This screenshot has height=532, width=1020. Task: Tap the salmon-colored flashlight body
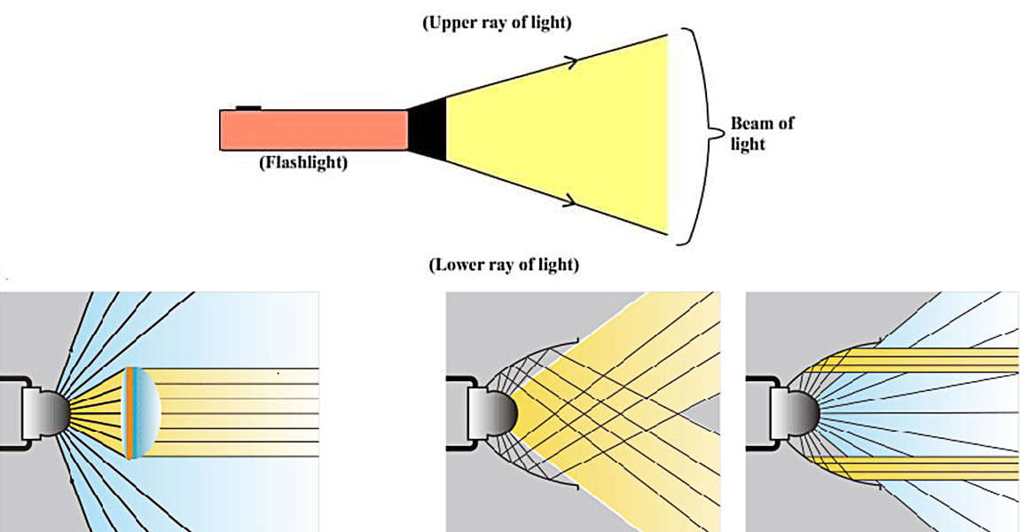point(312,129)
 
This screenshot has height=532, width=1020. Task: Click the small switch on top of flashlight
point(248,107)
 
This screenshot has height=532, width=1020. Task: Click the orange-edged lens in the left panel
point(129,412)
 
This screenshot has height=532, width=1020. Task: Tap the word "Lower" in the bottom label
point(457,264)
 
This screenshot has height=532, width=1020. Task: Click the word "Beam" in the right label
point(751,123)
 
